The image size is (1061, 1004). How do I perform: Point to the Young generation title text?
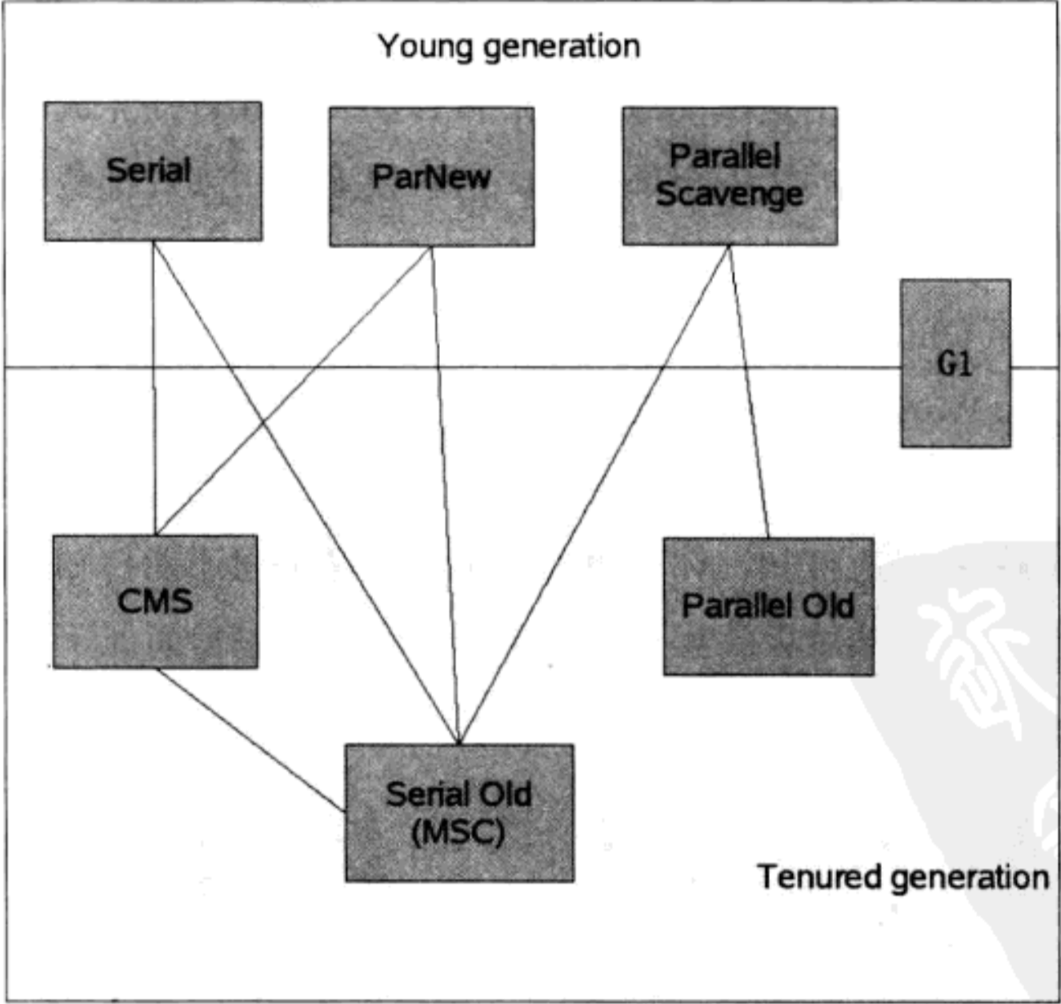[x=509, y=46]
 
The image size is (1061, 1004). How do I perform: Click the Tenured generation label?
[x=903, y=877]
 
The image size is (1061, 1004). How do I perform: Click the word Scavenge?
[x=730, y=195]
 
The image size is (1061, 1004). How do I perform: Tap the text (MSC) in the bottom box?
[x=458, y=833]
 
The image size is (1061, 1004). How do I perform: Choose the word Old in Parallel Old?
[x=827, y=606]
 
